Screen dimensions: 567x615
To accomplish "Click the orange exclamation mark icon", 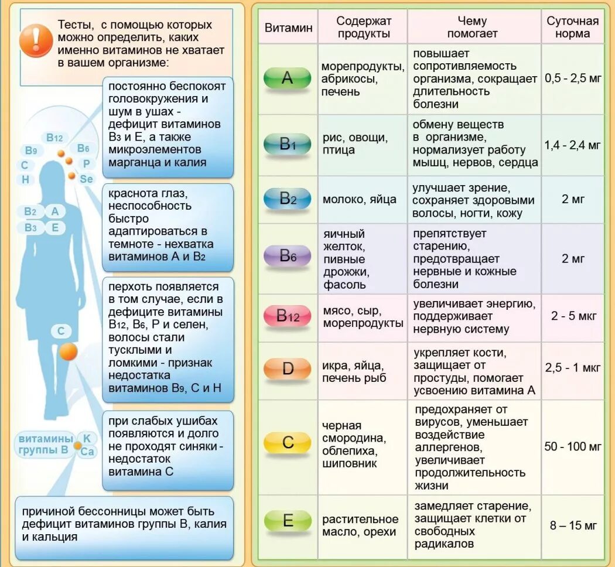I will pyautogui.click(x=36, y=40).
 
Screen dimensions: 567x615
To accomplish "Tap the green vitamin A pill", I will pyautogui.click(x=287, y=78).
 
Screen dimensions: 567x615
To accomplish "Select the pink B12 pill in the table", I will pyautogui.click(x=288, y=316).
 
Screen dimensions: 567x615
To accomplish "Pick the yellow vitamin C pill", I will pyautogui.click(x=288, y=442).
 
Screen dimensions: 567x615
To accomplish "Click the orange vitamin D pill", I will pyautogui.click(x=288, y=368).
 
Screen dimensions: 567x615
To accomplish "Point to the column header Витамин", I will pyautogui.click(x=288, y=27).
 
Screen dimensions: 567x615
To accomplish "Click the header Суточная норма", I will pyautogui.click(x=572, y=27).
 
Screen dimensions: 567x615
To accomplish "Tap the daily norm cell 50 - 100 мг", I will pyautogui.click(x=572, y=446).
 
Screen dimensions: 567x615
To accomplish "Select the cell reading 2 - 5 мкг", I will pyautogui.click(x=573, y=316).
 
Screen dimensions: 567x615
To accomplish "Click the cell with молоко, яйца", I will pyautogui.click(x=359, y=199).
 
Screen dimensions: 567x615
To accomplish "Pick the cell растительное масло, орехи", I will pyautogui.click(x=360, y=525).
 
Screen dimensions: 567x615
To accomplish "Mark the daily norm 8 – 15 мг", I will pyautogui.click(x=573, y=525).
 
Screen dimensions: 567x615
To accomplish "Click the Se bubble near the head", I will pyautogui.click(x=86, y=179).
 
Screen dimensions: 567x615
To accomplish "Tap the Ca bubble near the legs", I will pyautogui.click(x=87, y=451).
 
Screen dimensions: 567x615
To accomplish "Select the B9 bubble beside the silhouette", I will pyautogui.click(x=30, y=151).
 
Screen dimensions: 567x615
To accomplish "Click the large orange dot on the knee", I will pyautogui.click(x=69, y=352).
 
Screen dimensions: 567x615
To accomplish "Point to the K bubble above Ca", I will pyautogui.click(x=86, y=438).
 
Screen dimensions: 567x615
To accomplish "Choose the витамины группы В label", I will pyautogui.click(x=45, y=444).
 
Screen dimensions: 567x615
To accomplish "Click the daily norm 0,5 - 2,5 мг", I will pyautogui.click(x=572, y=78).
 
